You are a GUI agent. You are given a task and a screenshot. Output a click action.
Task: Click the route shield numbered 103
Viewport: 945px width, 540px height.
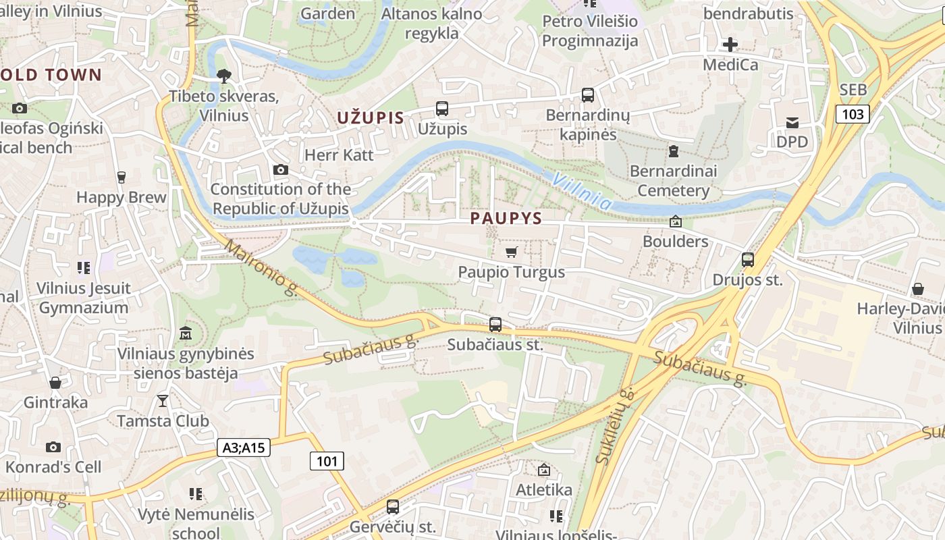853,114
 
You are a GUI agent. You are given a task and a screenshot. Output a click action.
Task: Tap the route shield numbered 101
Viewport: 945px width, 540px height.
327,461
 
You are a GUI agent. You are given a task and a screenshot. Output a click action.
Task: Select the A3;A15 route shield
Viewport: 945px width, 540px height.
244,447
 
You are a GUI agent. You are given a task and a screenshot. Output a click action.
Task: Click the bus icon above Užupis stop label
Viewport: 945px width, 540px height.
442,108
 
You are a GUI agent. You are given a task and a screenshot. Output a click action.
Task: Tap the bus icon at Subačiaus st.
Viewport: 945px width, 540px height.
495,325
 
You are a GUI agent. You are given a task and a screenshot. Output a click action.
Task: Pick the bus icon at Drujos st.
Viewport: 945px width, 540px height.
747,260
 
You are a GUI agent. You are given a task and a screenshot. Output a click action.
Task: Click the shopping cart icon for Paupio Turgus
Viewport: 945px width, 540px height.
512,252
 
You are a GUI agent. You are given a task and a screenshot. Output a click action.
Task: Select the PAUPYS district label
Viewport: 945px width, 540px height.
506,218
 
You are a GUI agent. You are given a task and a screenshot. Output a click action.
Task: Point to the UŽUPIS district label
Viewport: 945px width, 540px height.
371,118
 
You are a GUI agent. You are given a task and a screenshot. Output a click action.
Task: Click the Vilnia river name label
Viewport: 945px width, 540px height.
582,191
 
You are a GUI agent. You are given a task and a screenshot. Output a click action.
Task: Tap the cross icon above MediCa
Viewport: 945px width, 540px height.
730,45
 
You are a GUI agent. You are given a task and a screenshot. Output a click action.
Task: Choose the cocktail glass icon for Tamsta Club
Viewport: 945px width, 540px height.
163,401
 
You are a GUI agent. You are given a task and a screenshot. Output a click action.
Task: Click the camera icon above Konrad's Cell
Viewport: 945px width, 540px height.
53,447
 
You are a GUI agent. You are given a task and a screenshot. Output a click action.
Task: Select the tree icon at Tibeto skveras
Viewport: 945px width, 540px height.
223,77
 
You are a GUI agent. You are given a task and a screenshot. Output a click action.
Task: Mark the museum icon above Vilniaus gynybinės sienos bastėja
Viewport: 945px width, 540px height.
186,333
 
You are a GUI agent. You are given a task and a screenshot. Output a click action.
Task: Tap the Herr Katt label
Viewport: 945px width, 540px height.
339,155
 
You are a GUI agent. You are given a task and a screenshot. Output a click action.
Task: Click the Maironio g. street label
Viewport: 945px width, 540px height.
262,269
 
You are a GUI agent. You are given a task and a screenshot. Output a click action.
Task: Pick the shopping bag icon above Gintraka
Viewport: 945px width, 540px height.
55,383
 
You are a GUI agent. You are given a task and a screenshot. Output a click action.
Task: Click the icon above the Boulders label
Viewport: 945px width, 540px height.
675,221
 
